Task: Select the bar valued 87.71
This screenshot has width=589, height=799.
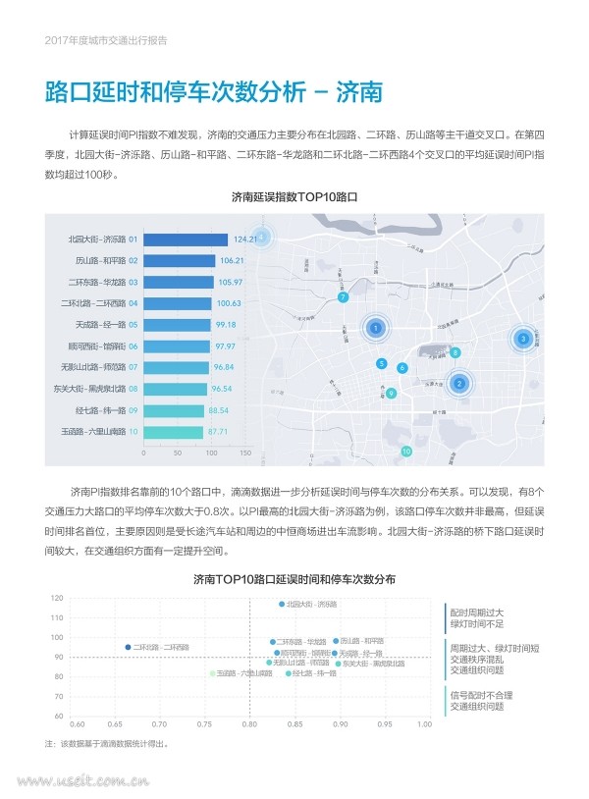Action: click(173, 432)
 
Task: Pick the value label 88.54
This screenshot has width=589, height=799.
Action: click(218, 410)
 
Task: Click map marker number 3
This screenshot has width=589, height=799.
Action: click(523, 339)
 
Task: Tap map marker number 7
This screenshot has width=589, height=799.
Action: click(343, 296)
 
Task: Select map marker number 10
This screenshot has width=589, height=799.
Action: click(406, 452)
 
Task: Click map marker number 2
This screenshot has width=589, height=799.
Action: click(457, 384)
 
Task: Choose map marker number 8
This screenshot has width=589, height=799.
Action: click(455, 351)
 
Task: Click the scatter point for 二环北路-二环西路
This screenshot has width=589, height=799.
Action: click(128, 647)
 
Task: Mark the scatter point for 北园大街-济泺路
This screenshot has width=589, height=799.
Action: click(282, 604)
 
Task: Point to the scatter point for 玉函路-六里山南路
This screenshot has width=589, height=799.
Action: click(211, 673)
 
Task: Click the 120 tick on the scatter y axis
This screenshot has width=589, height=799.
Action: click(57, 598)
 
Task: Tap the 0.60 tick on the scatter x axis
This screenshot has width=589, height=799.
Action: click(78, 724)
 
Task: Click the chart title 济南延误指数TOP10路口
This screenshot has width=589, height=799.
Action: click(294, 197)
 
